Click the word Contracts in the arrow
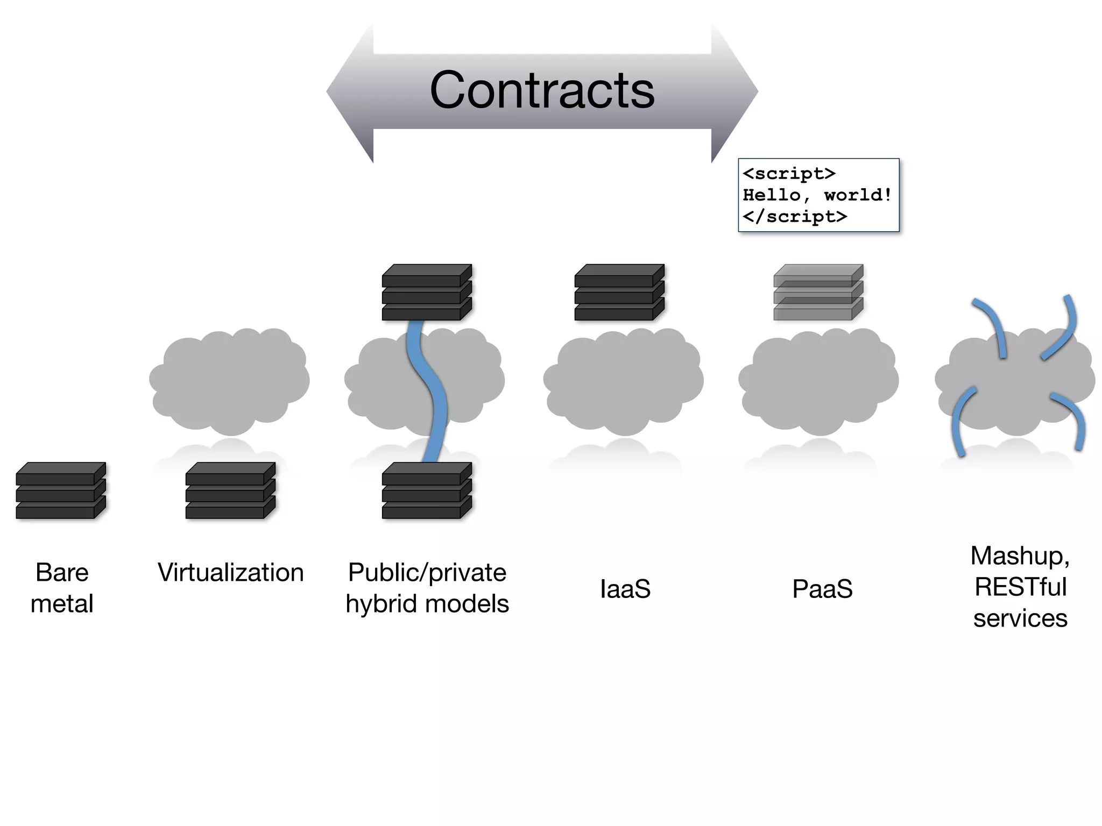(542, 90)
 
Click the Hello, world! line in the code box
(817, 195)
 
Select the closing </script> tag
(795, 216)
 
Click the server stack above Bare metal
(61, 490)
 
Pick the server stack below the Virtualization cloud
(230, 490)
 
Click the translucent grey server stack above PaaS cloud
(818, 293)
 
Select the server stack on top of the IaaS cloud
(619, 293)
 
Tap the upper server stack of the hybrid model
(427, 293)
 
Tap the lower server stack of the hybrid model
(427, 490)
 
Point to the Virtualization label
(230, 572)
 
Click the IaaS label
(625, 589)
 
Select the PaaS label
(822, 589)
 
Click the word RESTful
(1020, 587)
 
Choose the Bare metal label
(62, 588)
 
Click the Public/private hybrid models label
(427, 588)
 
